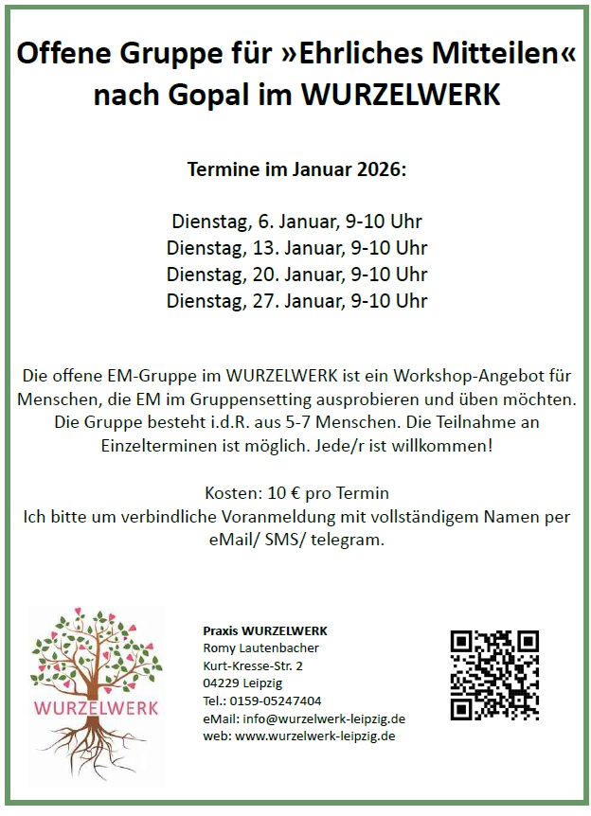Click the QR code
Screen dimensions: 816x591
(x=493, y=674)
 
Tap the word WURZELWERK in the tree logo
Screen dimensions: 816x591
(x=97, y=707)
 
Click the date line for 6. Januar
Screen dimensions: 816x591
(x=296, y=222)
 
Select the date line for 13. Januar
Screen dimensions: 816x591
(x=296, y=248)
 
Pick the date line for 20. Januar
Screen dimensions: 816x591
(x=296, y=275)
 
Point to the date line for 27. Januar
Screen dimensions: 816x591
(x=296, y=301)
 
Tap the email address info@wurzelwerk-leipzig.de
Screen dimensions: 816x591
(x=324, y=718)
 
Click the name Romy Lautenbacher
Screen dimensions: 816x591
(x=261, y=647)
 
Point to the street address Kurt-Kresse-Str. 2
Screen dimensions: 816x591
(x=253, y=665)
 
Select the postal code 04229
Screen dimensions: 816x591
(x=221, y=683)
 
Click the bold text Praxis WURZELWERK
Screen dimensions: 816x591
(x=265, y=630)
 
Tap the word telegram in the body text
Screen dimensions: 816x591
(x=352, y=540)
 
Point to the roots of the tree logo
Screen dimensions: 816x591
(x=95, y=748)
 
